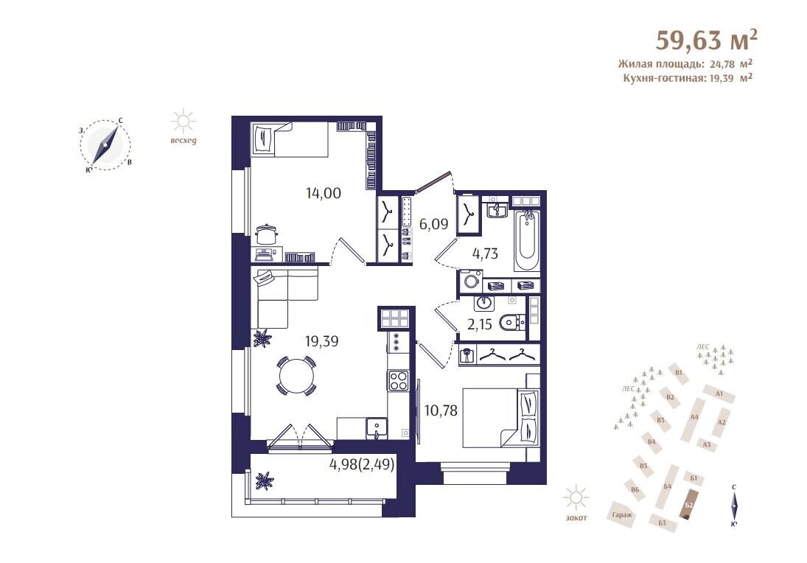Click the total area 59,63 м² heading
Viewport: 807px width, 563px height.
click(x=707, y=40)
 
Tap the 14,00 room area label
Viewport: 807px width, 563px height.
click(x=324, y=194)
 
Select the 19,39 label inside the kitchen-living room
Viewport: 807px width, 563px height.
click(x=321, y=340)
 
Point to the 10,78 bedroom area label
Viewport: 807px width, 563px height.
click(x=441, y=410)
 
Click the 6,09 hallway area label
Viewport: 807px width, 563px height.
click(x=433, y=224)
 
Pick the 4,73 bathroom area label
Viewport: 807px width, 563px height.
click(x=486, y=253)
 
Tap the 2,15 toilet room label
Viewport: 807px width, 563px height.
click(x=479, y=324)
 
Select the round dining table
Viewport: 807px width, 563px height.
click(x=296, y=376)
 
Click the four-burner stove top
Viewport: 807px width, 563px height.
click(x=399, y=381)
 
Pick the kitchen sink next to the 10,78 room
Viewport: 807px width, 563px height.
click(x=377, y=428)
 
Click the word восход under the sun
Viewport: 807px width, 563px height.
click(x=184, y=141)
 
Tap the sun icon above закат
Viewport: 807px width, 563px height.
click(x=576, y=498)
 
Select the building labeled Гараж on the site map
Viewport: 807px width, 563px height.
click(x=622, y=515)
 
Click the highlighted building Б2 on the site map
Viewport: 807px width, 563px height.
click(x=689, y=504)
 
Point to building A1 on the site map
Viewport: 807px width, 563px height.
click(x=719, y=394)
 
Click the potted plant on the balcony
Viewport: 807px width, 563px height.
click(x=264, y=480)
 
